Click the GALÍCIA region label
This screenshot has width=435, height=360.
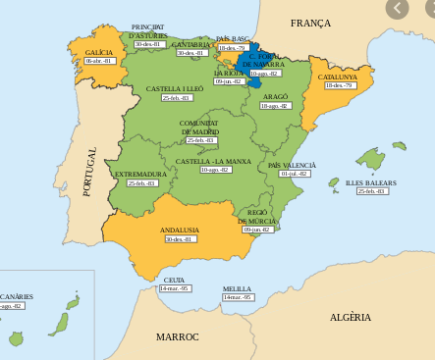click(99, 51)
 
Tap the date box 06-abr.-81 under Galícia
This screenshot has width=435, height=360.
click(99, 61)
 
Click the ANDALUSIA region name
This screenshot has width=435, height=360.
click(180, 230)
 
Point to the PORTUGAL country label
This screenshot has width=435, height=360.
click(89, 172)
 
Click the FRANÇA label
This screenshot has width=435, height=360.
click(310, 23)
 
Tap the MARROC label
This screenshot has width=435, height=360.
click(177, 336)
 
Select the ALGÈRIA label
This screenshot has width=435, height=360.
click(350, 317)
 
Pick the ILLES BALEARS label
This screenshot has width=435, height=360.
click(371, 182)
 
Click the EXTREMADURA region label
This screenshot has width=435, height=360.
click(141, 174)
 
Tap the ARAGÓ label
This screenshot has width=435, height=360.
click(275, 96)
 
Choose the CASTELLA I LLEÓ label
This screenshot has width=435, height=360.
click(175, 88)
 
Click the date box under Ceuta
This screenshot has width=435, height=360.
click(174, 288)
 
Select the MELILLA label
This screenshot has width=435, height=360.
click(237, 288)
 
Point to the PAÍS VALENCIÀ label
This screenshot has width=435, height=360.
click(293, 165)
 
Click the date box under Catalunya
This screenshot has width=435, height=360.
click(339, 85)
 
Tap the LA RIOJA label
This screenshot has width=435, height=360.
click(229, 73)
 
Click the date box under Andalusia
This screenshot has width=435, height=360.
click(180, 238)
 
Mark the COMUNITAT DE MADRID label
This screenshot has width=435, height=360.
click(199, 127)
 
